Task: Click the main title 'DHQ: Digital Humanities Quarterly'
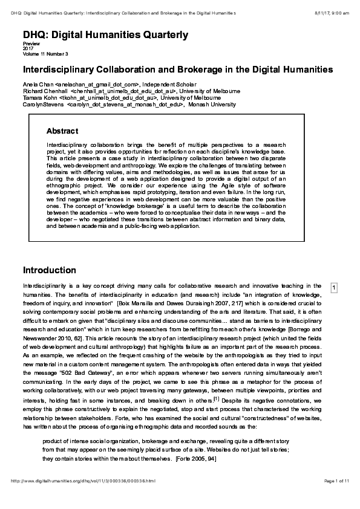click(x=105, y=36)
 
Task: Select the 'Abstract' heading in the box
click(x=62, y=131)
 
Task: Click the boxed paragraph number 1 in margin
click(x=333, y=287)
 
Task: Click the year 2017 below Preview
click(x=28, y=48)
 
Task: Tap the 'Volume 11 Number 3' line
click(x=45, y=53)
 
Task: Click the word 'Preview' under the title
click(x=31, y=44)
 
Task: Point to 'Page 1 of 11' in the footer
click(x=336, y=497)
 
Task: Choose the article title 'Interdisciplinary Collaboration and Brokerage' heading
click(x=178, y=70)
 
